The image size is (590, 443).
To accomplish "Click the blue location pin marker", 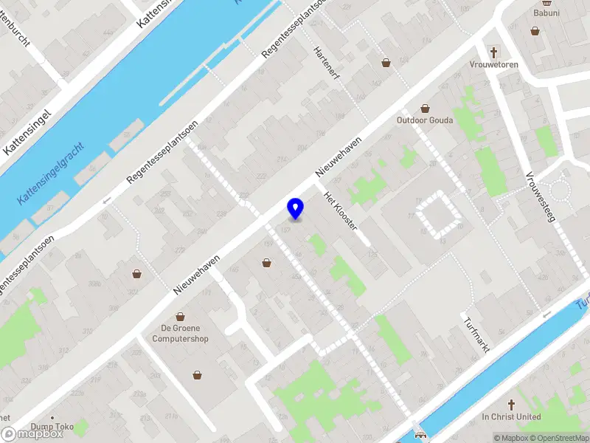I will coord(295,209).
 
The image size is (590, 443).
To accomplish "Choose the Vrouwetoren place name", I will coord(493,65).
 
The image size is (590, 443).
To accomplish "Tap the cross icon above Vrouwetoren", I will coord(494,52).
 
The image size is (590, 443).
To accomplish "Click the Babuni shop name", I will coord(546,13).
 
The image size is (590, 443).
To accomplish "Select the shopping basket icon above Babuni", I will coord(535,31).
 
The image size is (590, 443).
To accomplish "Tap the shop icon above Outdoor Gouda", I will coord(424,108).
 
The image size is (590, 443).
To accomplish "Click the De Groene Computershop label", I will coord(180,333).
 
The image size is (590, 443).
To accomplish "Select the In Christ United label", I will coord(511,417).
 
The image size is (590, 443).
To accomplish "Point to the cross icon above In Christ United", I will coord(511,404).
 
